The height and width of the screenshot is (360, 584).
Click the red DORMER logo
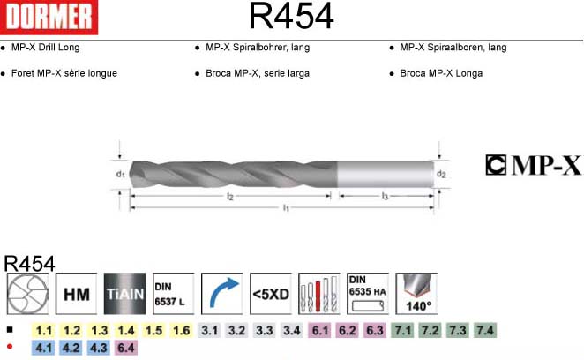[x=49, y=17]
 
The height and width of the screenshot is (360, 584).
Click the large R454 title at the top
[x=291, y=16]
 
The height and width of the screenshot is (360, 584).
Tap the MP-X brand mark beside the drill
[x=534, y=165]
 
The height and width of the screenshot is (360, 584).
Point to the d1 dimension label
[x=120, y=174]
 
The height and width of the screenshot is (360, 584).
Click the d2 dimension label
[x=441, y=174]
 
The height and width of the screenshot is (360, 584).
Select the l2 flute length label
[x=230, y=197]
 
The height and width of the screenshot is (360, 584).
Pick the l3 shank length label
[x=386, y=196]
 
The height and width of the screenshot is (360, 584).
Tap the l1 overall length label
[x=286, y=208]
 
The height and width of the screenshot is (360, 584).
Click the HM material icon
[x=77, y=294]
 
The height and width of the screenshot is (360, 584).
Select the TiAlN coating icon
[x=124, y=294]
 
